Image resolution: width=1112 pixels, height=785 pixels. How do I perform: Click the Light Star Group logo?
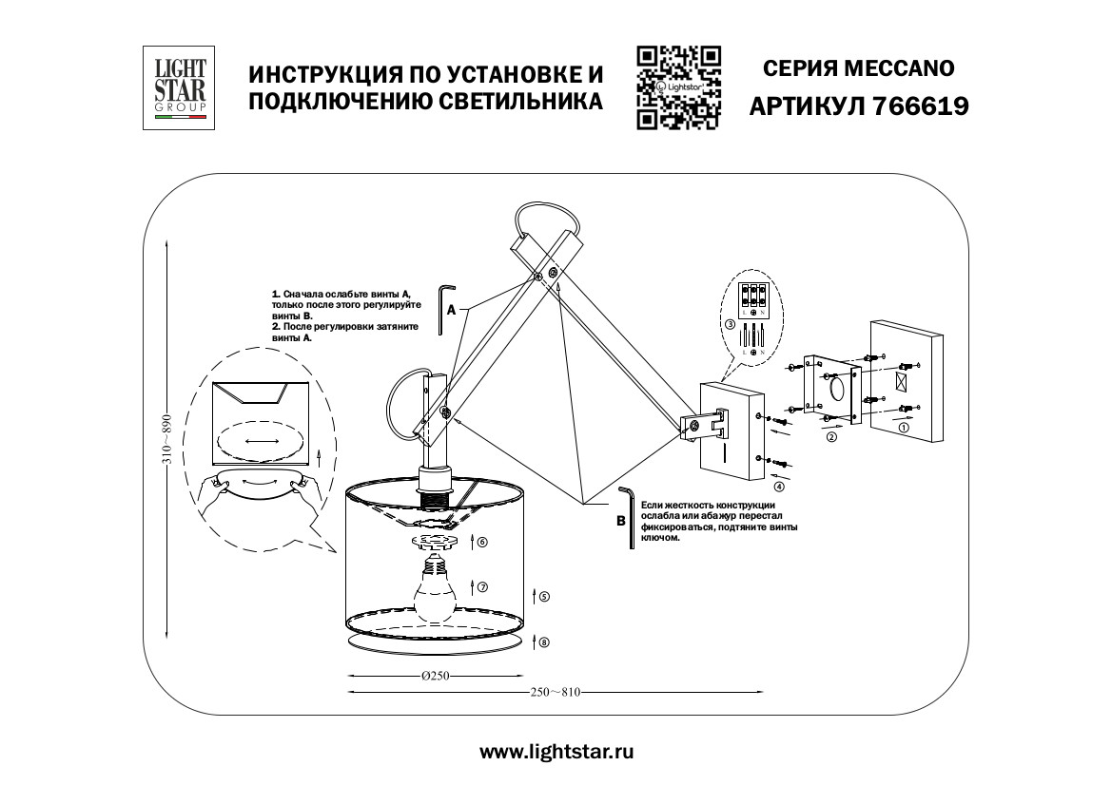177,87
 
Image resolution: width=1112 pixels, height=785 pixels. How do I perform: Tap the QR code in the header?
678,86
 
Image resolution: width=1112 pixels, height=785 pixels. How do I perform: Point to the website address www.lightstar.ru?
556,752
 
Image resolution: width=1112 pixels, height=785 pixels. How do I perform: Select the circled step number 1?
903,428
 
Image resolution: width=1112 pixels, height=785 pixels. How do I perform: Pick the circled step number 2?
830,438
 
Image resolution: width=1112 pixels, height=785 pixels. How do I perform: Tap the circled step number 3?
730,324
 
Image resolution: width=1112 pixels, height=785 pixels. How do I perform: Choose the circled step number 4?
779,488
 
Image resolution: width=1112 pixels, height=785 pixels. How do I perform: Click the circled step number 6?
481,542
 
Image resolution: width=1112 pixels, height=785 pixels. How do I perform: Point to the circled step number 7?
482,587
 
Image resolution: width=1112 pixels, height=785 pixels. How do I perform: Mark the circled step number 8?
543,642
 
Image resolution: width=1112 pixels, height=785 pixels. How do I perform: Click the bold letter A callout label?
453,309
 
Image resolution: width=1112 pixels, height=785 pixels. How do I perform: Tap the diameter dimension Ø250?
434,676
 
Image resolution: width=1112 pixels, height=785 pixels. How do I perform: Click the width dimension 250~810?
556,693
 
